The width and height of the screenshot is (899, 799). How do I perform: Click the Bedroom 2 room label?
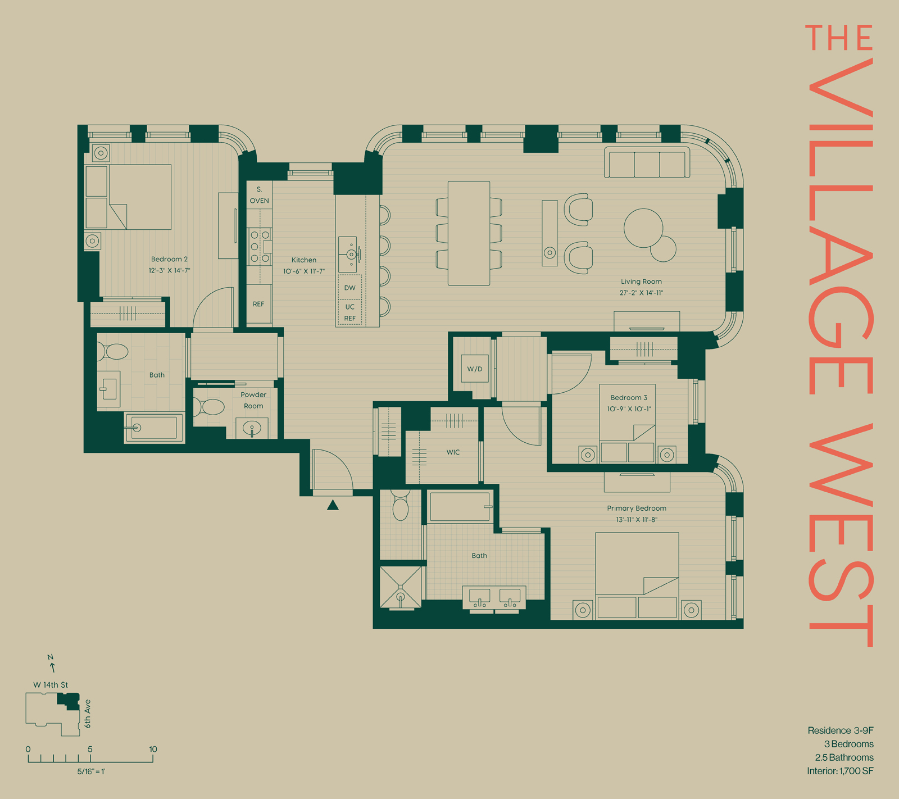tap(169, 259)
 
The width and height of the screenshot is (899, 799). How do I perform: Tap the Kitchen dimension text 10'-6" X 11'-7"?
tap(303, 271)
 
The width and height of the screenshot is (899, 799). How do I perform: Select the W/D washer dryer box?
tap(475, 369)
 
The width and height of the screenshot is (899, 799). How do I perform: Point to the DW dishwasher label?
tap(349, 288)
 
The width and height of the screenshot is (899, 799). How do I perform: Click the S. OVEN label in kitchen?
tap(259, 195)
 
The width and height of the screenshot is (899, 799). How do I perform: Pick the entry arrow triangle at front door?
tap(333, 505)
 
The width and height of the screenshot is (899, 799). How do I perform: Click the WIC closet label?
tap(453, 452)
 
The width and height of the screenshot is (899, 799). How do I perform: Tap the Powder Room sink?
tap(252, 429)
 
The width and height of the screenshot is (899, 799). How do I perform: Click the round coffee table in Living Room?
tap(643, 228)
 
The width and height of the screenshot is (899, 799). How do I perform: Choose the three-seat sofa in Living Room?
tap(647, 163)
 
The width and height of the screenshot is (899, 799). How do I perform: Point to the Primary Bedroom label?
tap(637, 508)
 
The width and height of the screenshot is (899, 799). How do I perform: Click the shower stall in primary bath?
tap(400, 587)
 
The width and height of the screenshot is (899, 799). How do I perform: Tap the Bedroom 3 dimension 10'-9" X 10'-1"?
tap(629, 409)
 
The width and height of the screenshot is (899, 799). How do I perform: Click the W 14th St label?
tap(51, 685)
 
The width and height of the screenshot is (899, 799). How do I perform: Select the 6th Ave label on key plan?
tap(88, 714)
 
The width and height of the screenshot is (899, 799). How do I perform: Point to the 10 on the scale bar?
tap(153, 749)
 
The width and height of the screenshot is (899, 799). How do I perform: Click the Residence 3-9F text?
tap(840, 730)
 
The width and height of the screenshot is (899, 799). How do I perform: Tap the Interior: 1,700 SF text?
tap(840, 771)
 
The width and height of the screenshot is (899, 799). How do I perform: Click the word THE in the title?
tap(838, 38)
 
